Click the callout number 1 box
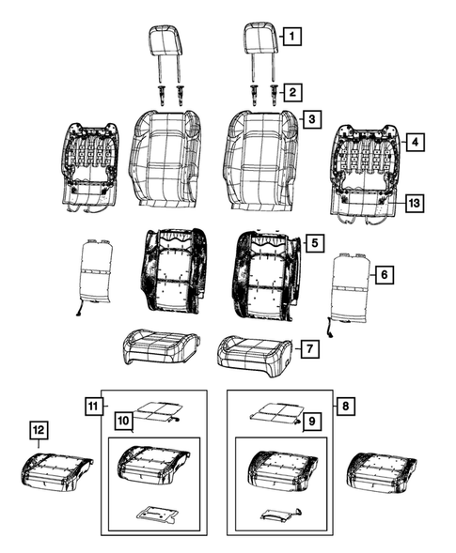[293, 38]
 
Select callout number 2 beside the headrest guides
[293, 92]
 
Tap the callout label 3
[310, 120]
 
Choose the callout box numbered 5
[315, 243]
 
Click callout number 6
[383, 275]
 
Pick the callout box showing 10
[122, 419]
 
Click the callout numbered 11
[92, 406]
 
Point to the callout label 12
[38, 431]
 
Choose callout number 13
[414, 202]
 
